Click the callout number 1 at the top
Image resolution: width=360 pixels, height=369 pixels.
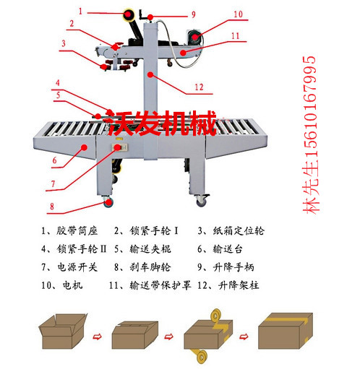coord(81,10)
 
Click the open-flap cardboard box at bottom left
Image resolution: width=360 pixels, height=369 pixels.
coord(64,333)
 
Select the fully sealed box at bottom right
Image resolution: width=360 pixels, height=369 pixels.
coord(288,333)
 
